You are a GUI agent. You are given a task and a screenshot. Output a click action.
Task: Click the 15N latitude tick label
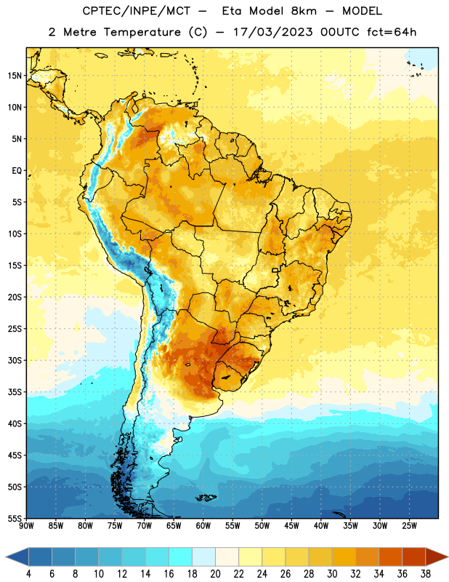15,76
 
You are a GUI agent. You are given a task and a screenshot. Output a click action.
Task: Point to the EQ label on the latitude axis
17,171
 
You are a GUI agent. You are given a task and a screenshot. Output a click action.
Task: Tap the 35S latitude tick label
15,392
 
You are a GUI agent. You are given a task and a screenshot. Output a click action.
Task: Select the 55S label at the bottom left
15,518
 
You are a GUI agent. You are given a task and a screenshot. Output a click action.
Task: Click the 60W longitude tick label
203,526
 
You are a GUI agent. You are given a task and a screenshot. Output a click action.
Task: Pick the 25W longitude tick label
409,526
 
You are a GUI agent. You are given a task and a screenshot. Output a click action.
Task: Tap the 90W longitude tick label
26,526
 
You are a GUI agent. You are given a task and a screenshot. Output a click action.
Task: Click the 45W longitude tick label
291,526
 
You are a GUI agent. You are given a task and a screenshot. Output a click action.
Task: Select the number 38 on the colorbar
426,574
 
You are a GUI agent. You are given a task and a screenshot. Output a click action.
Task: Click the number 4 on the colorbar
28,574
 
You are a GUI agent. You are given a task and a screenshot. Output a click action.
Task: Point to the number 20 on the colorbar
215,574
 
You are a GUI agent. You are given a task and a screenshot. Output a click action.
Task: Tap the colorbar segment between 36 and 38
414,557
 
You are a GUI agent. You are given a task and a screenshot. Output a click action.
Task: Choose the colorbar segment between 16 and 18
181,557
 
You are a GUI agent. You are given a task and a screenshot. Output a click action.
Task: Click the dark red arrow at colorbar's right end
436,557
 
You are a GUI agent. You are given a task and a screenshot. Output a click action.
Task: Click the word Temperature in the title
142,32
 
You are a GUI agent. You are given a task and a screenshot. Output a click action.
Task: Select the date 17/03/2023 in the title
272,32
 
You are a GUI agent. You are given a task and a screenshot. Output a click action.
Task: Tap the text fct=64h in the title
392,32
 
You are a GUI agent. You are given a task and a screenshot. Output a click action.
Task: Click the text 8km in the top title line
304,11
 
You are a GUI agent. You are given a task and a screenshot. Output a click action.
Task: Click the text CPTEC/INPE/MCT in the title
136,11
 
